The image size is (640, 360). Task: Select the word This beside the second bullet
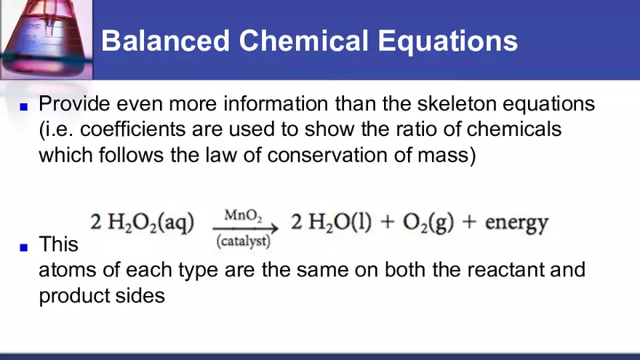(x=58, y=244)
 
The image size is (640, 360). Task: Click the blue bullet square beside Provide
(x=23, y=106)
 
